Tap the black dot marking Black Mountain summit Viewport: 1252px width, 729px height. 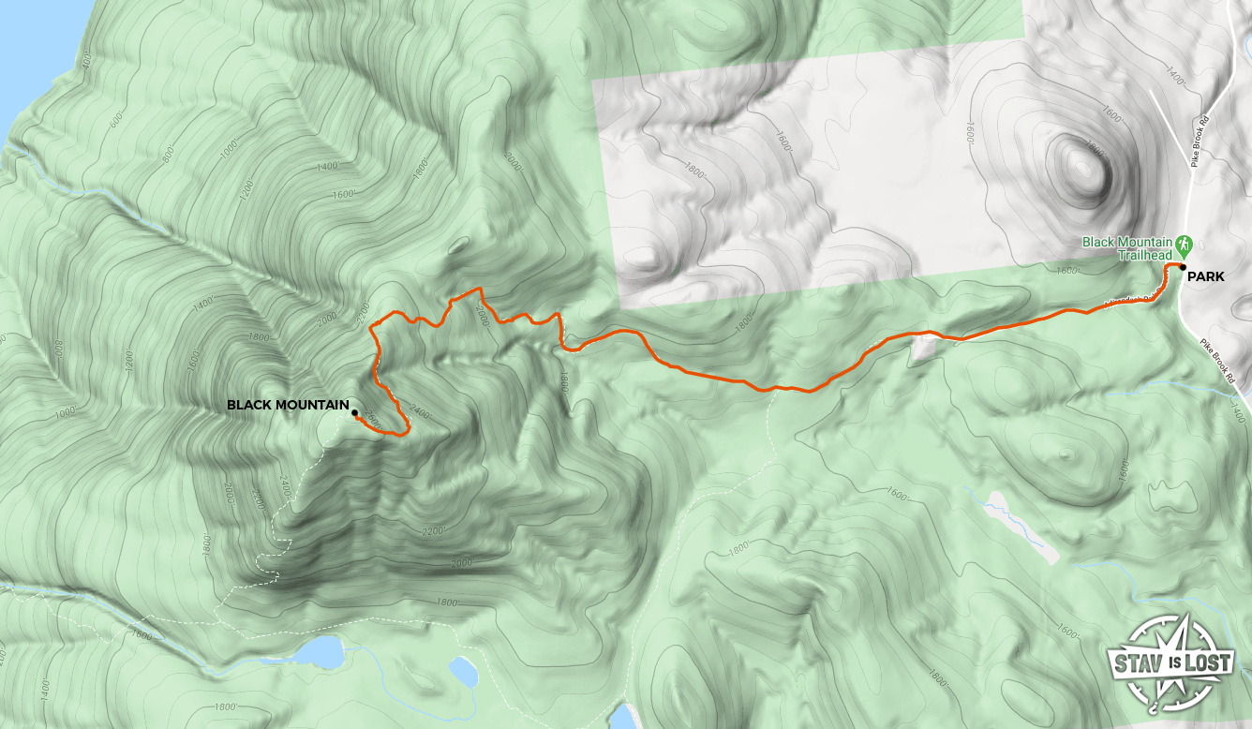point(354,412)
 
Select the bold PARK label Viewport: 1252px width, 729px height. point(1205,276)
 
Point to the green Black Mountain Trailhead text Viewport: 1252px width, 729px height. point(1128,247)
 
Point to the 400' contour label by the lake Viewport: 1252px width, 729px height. point(87,61)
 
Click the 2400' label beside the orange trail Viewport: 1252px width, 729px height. point(422,413)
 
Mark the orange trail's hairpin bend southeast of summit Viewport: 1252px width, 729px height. point(406,431)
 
